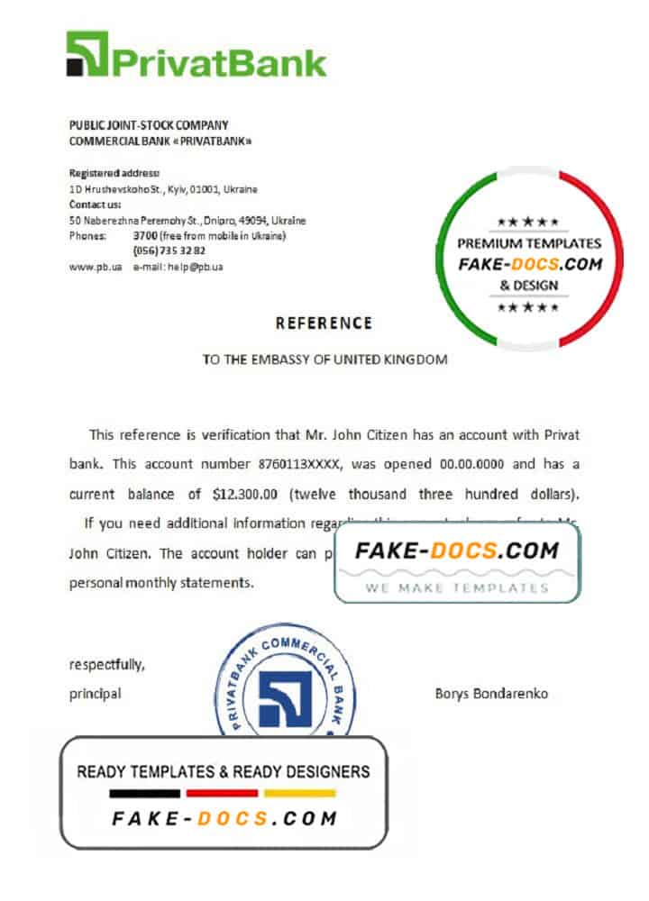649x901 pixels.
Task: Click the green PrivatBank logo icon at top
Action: click(87, 53)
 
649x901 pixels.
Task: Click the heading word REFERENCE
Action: click(324, 323)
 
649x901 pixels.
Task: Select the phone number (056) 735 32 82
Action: click(169, 250)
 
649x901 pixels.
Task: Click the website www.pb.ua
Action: click(96, 267)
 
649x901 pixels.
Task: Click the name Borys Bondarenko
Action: click(491, 694)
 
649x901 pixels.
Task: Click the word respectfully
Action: click(106, 665)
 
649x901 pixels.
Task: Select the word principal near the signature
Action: click(95, 694)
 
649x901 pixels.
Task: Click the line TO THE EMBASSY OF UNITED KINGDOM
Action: click(324, 359)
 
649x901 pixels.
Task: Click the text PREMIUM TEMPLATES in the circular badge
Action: click(529, 243)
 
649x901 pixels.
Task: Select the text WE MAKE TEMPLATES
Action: click(457, 587)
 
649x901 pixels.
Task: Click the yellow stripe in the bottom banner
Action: click(299, 794)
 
